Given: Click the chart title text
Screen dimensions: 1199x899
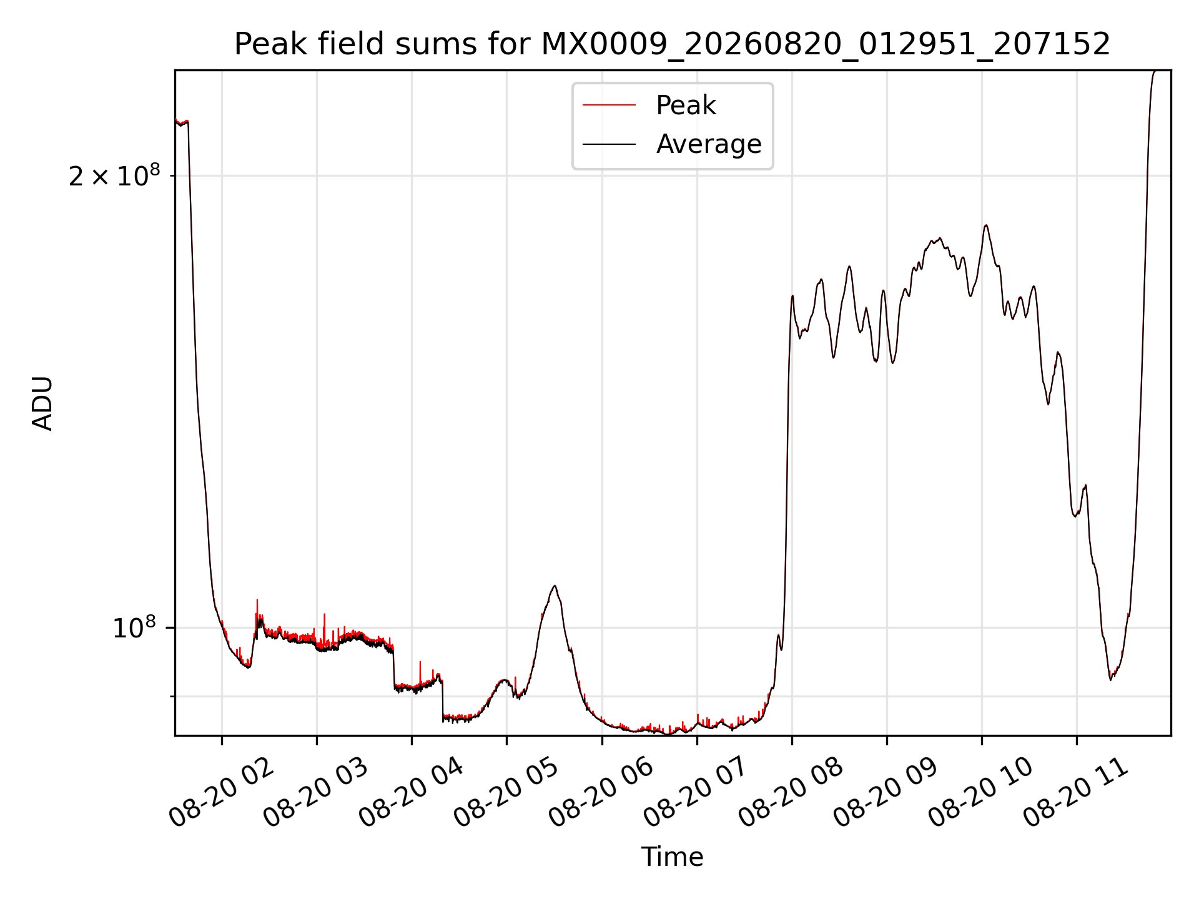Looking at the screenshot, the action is point(673,44).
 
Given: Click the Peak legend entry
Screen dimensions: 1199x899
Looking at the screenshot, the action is point(649,106).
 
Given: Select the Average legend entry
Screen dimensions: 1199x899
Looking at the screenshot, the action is point(672,144).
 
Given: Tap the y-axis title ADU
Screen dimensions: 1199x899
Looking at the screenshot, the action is point(42,403).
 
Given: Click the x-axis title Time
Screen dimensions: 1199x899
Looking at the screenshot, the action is point(673,857).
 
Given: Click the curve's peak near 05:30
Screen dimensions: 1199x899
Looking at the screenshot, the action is point(555,586).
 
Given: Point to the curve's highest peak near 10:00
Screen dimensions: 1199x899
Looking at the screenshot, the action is point(986,225).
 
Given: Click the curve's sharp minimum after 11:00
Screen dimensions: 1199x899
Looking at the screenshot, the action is point(1110,680).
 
